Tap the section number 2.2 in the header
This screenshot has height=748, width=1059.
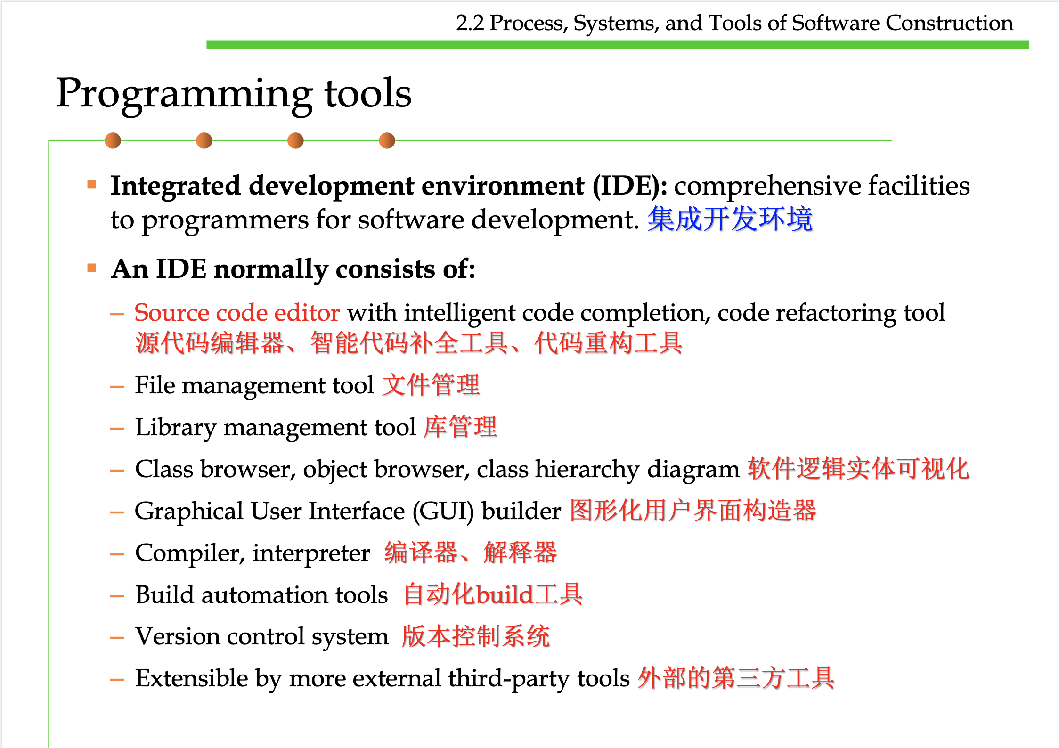click(470, 23)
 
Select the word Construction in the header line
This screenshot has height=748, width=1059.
click(949, 23)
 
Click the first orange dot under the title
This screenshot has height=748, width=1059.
click(113, 140)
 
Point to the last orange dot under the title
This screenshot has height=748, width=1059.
click(387, 140)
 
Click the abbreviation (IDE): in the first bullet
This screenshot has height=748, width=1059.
click(629, 186)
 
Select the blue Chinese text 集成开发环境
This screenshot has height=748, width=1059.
click(730, 220)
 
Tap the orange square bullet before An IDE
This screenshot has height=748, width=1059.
click(92, 268)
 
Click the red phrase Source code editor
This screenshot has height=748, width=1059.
click(236, 313)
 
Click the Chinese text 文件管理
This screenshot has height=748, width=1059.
click(431, 385)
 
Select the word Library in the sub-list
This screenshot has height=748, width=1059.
click(175, 428)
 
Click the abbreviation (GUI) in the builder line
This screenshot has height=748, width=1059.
click(443, 512)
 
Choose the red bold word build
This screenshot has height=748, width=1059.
click(504, 595)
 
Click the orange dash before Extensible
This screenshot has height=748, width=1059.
click(117, 680)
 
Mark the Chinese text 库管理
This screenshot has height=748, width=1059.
click(460, 428)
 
